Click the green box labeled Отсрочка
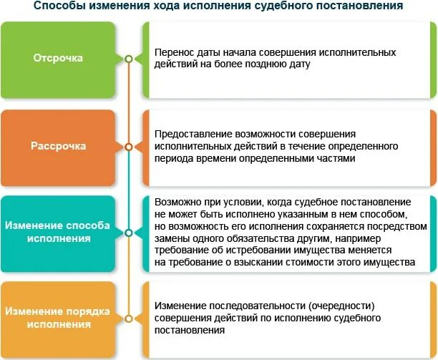coord(58,59)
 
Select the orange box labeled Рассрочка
coord(58,146)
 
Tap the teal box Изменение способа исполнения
coord(58,231)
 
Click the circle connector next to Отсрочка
coord(128,59)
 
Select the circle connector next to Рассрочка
coord(128,146)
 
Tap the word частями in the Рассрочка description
coord(336,158)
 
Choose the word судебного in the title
coord(281,6)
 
